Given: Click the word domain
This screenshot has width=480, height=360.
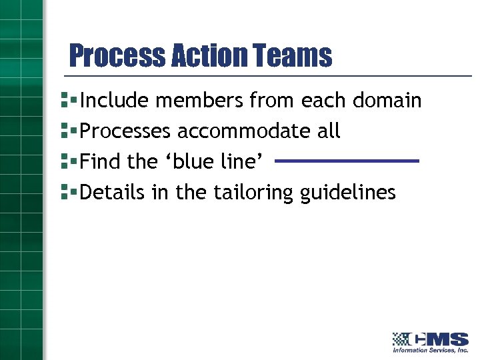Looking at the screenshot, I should [x=387, y=101].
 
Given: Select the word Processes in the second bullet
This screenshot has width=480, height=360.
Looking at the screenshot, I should [x=125, y=131].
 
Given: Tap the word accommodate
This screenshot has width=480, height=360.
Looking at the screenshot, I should [x=245, y=131].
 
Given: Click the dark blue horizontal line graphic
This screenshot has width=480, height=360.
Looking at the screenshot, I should [x=346, y=161].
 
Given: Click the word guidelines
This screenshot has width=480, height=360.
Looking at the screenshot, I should [x=348, y=193].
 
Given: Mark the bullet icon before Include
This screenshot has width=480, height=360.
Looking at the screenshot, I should [x=65, y=101].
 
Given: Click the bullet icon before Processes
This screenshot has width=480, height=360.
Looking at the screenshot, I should [x=65, y=131].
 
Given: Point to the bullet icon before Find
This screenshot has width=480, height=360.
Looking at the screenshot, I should [x=65, y=162].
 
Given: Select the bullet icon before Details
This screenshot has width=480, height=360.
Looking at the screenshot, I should [x=65, y=193].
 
